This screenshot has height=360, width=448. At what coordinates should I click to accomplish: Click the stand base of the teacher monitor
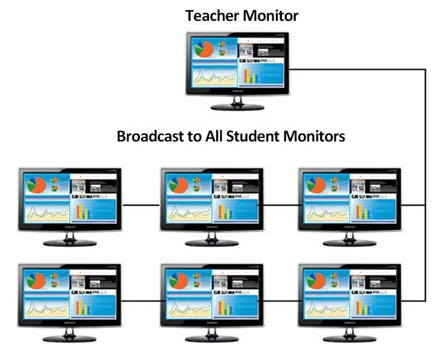237,107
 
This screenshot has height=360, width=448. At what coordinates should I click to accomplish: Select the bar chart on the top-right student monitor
364,212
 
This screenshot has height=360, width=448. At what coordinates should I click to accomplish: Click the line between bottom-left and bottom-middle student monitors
142,300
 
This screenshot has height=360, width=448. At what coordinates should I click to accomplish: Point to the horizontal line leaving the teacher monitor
358,69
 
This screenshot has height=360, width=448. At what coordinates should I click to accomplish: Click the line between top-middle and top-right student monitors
281,205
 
